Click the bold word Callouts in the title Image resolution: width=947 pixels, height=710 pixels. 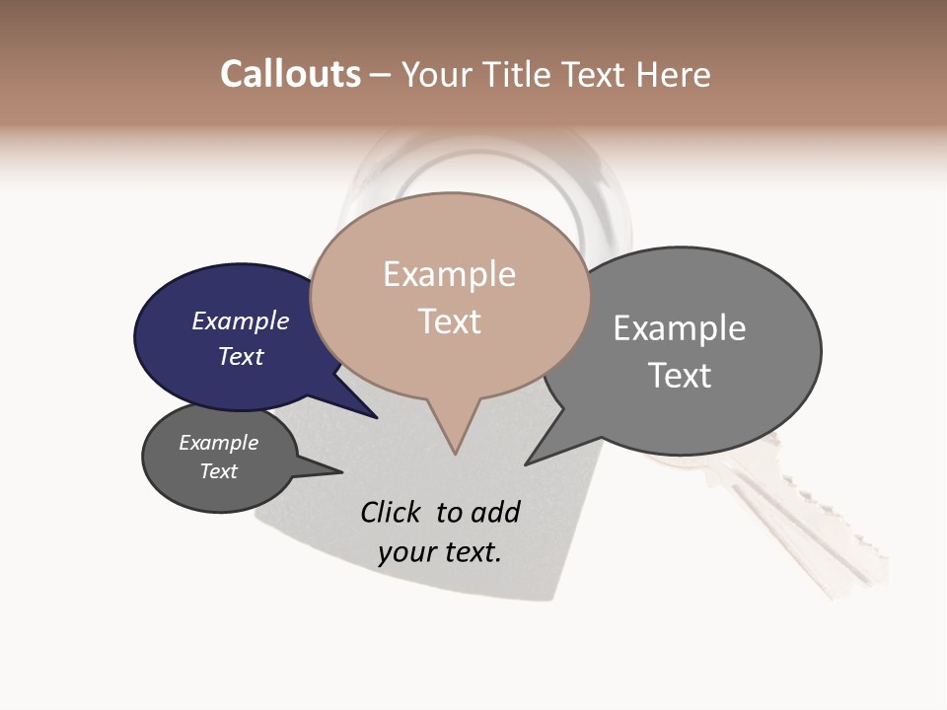[x=290, y=74]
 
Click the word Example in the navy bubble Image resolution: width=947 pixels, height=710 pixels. [x=240, y=320]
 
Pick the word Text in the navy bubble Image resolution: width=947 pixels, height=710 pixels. [x=240, y=356]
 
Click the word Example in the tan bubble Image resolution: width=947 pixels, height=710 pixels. [x=449, y=274]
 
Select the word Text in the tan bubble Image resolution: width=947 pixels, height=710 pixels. [x=449, y=321]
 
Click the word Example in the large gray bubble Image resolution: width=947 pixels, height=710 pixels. [x=679, y=328]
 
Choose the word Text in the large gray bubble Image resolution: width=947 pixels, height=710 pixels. [x=679, y=376]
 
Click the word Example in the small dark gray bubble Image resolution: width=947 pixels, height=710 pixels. [x=218, y=443]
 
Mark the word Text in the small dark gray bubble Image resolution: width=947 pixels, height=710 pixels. [x=218, y=471]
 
